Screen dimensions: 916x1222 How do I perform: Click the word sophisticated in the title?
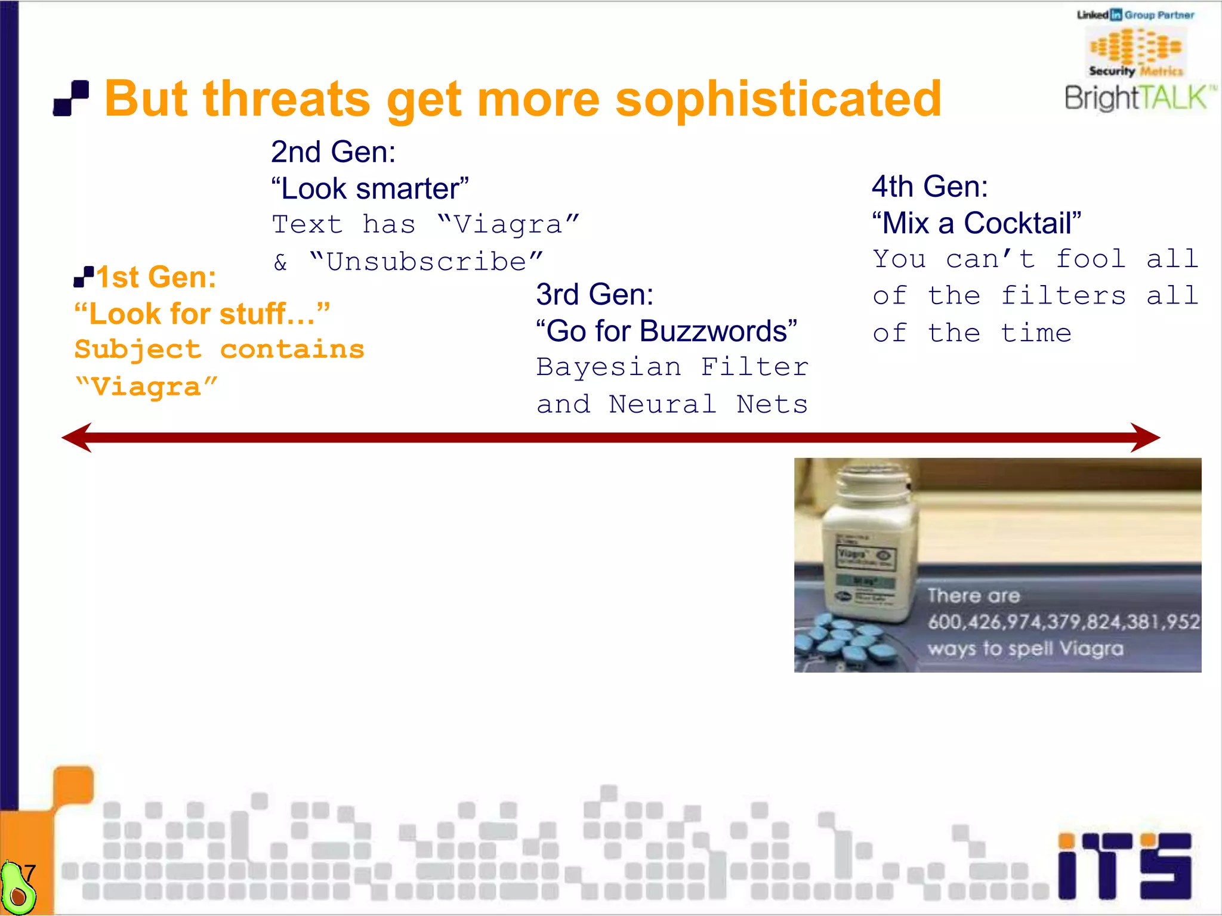click(x=778, y=99)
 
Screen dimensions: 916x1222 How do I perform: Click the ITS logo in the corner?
click(x=1125, y=865)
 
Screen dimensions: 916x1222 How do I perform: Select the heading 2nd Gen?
click(x=333, y=151)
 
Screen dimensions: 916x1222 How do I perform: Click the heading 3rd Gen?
click(x=594, y=294)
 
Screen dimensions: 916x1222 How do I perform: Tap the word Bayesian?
click(x=609, y=367)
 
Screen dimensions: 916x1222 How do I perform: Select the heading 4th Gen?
click(x=930, y=186)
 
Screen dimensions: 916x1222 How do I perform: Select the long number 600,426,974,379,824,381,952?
click(x=1063, y=622)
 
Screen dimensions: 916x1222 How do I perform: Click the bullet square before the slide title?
click(x=71, y=98)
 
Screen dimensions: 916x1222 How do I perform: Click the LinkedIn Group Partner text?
click(x=1135, y=15)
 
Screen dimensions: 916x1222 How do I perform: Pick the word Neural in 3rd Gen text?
click(x=662, y=405)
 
